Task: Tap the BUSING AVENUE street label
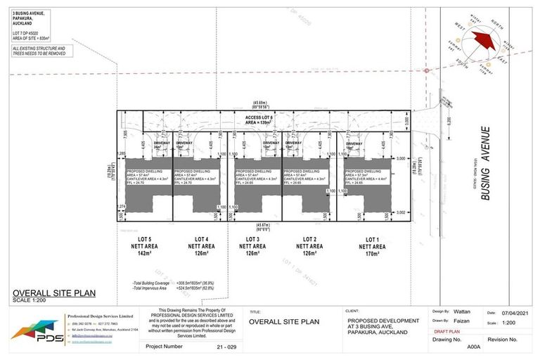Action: [x=485, y=164]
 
